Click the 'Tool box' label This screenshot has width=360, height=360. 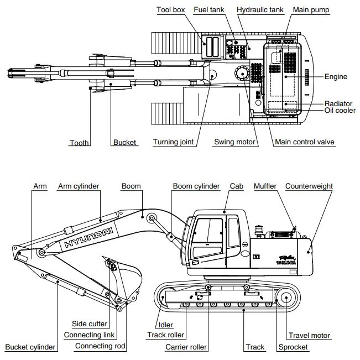pos(171,10)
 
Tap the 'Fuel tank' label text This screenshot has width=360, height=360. pos(208,10)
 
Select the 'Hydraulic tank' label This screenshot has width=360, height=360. pos(260,10)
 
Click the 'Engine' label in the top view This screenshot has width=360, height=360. pos(336,76)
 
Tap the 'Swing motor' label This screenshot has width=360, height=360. pos(235,142)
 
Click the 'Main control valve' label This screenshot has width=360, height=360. pos(305,142)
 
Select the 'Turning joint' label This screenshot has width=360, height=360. pos(174,142)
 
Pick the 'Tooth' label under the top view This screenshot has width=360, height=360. pos(79,143)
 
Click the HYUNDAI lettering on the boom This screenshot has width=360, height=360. pos(89,236)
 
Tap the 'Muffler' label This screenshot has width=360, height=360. pos(265,186)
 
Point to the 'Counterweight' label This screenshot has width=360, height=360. pos(309,186)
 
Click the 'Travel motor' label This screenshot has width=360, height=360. pos(310,335)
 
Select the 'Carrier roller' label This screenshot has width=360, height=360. pos(186,347)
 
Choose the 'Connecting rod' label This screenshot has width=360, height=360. pos(100,346)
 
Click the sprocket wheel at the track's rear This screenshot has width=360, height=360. pos(286,298)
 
